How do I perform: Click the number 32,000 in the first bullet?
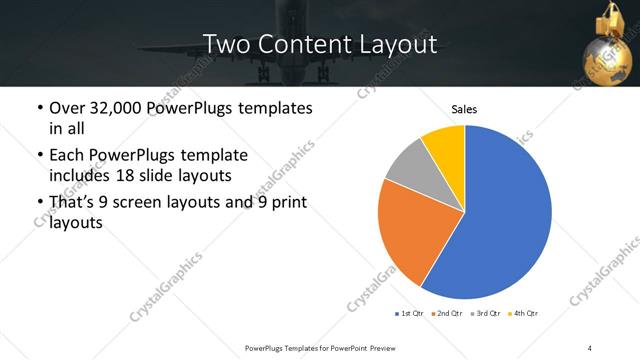[130, 108]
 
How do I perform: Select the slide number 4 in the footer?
[590, 347]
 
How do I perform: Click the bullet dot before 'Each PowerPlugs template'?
[39, 156]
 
